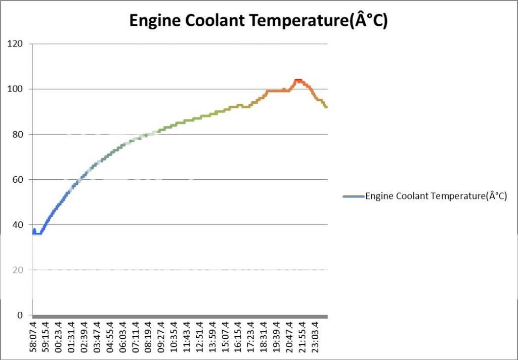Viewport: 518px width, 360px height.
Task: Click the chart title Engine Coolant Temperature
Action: (258, 20)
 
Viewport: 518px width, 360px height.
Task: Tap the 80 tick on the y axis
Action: (16, 134)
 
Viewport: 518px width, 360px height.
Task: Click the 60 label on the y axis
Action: (16, 180)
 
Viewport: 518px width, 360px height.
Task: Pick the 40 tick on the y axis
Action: (16, 225)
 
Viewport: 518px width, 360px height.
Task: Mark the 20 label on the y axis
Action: (16, 270)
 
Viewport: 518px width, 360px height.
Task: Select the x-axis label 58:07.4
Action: (33, 337)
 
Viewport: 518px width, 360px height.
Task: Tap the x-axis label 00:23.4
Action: (59, 337)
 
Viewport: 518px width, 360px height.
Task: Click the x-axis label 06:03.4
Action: (123, 337)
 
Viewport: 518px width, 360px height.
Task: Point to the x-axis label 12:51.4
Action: (200, 337)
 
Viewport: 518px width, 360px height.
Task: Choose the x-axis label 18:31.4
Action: (264, 337)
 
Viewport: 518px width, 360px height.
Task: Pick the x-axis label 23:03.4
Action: (315, 337)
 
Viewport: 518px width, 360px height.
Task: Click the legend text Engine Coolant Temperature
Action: (436, 196)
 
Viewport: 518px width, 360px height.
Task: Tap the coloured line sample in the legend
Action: (354, 196)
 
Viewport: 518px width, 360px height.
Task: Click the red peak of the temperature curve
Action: (298, 81)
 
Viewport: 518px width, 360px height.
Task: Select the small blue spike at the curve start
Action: (34, 230)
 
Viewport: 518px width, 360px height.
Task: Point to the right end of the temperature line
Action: (326, 107)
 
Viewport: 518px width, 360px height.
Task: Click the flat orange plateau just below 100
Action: (277, 91)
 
